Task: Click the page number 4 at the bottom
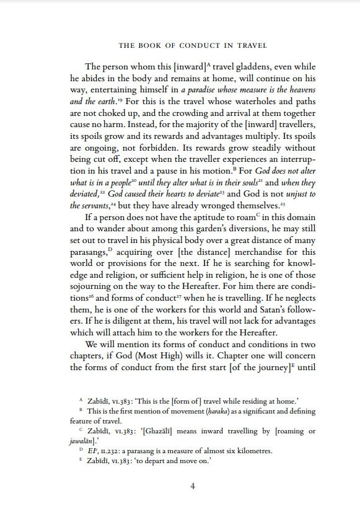tap(193, 486)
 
